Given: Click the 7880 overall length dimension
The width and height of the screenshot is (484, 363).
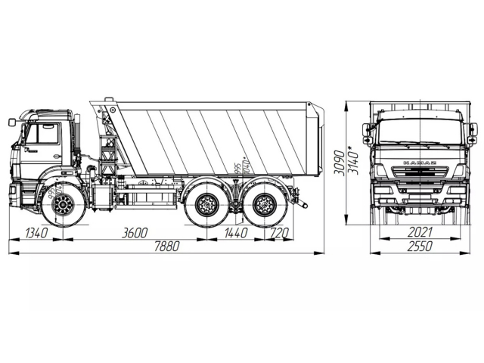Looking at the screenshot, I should [x=167, y=247].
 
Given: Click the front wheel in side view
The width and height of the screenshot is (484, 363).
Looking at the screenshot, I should [x=64, y=204].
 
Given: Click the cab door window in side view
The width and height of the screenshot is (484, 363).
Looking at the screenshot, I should [x=44, y=134].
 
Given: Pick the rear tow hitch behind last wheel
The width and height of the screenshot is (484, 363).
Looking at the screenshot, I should [x=302, y=203].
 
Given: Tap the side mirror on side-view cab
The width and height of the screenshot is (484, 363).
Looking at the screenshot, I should [x=13, y=122].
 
